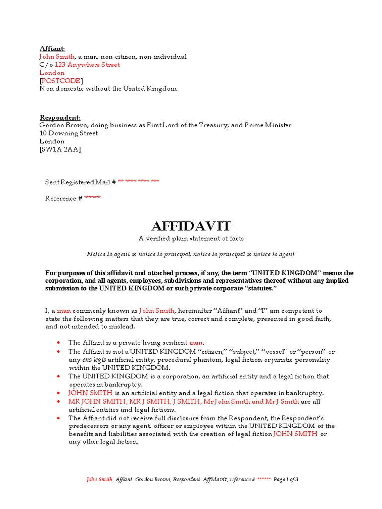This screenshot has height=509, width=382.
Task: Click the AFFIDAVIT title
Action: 191,226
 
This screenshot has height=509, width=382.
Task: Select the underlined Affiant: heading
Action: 52,49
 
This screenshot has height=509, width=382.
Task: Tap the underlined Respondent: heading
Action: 60,117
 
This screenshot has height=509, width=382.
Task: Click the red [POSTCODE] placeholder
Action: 62,81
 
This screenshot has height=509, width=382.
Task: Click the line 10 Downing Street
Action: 69,133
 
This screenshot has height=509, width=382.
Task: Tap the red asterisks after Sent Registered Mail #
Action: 139,182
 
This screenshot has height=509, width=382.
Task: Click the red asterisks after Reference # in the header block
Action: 92,198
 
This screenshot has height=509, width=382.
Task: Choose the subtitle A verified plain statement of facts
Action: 191,239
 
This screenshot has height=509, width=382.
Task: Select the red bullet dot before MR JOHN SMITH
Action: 59,401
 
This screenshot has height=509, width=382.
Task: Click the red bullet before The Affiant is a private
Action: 59,343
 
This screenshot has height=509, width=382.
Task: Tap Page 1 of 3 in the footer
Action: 286,479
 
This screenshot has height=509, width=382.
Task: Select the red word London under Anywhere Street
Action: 52,73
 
